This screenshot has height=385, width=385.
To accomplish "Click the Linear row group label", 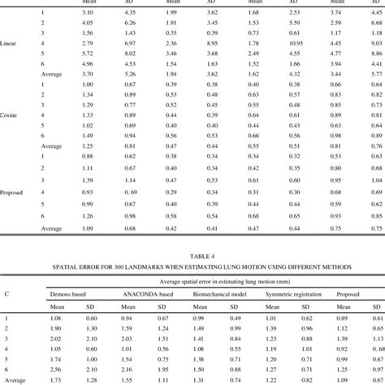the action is [x=15, y=42].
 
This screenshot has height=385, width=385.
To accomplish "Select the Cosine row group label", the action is [x=15, y=115].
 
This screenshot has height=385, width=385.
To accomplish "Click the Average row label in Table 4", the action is [x=14, y=379].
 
